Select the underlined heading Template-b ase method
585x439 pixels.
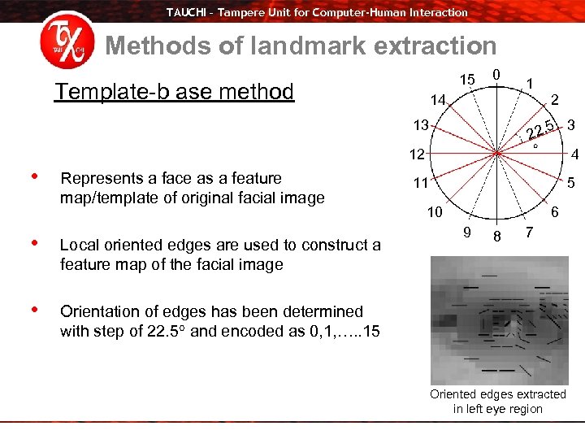[x=174, y=91]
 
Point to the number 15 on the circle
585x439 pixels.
[x=466, y=80]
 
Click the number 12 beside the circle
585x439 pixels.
[x=417, y=154]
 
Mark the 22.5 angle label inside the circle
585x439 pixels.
[x=540, y=130]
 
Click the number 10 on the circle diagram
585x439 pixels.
[x=435, y=212]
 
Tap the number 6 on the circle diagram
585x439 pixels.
[x=555, y=211]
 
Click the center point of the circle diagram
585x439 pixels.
[x=496, y=153]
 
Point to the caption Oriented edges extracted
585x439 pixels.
[x=497, y=394]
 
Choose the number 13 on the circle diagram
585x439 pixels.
[x=420, y=125]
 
